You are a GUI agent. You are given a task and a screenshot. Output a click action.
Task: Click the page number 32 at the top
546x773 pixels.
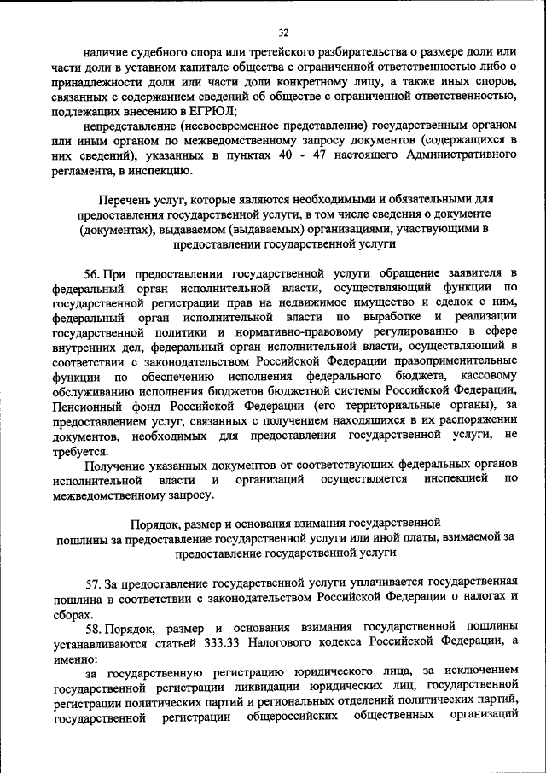pos(283,32)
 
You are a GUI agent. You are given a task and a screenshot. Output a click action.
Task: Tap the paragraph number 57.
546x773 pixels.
pos(93,584)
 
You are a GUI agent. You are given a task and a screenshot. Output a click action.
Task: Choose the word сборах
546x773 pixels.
pos(71,614)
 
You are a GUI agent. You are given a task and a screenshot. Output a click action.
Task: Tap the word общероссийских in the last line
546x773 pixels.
pos(293,717)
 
